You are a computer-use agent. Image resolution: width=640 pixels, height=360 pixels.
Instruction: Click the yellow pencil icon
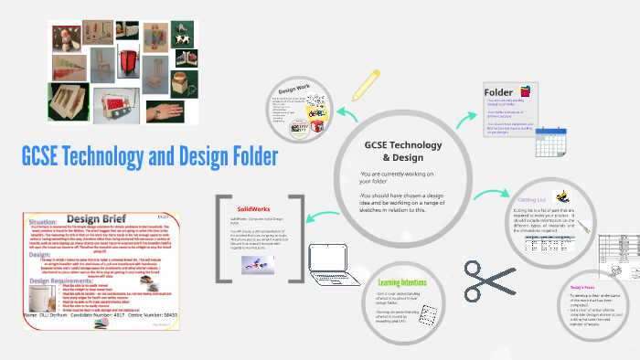366,85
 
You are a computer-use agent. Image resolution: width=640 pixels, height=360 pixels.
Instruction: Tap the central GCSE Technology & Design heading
402,152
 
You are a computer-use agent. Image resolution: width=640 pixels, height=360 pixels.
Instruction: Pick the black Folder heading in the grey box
498,92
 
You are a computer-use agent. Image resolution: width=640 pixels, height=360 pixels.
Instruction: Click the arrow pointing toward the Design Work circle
348,114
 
